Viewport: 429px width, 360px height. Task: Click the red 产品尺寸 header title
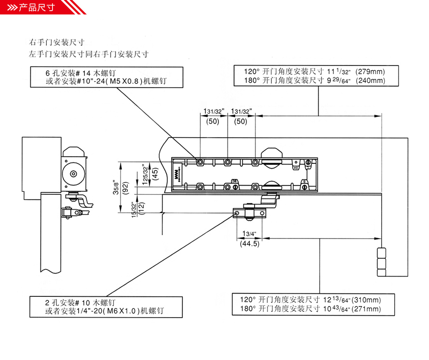(x=37, y=7)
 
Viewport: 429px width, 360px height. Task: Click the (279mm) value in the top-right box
(x=370, y=72)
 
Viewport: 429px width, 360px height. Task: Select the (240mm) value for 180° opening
(x=371, y=80)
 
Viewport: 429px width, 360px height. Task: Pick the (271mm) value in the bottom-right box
(x=366, y=309)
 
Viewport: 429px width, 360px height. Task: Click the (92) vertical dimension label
(x=126, y=188)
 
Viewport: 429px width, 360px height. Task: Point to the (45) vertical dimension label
(x=155, y=173)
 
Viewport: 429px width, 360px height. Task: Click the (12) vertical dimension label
(x=141, y=209)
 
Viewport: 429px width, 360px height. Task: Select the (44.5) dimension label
(x=250, y=243)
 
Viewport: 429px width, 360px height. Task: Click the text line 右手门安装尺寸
(x=56, y=42)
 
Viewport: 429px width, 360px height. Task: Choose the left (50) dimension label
(x=213, y=121)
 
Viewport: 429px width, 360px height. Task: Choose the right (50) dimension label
(x=241, y=121)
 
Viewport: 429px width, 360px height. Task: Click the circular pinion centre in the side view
(x=73, y=173)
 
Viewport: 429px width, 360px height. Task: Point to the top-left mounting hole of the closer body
(x=200, y=162)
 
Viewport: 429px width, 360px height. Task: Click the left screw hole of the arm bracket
(x=237, y=213)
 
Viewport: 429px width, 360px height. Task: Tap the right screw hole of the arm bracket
(x=262, y=213)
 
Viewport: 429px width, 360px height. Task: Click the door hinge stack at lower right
(x=381, y=262)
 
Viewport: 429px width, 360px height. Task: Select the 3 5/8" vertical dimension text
(x=116, y=187)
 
